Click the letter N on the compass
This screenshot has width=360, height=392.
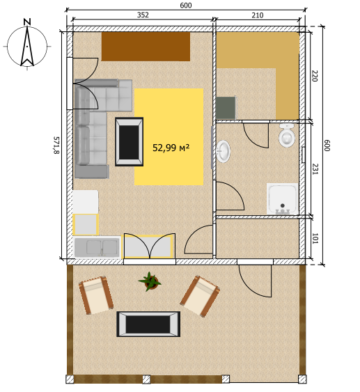[26, 22]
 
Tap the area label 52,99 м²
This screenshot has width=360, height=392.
[171, 148]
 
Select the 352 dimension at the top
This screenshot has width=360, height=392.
[143, 15]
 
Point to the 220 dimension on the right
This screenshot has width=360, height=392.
[314, 76]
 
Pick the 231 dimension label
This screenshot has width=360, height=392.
[314, 169]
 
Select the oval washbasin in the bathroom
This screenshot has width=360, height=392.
[224, 151]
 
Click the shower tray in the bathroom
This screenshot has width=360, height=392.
[283, 199]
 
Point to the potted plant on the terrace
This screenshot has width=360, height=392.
[150, 281]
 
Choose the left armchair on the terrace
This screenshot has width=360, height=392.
[96, 295]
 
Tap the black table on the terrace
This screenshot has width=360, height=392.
[148, 324]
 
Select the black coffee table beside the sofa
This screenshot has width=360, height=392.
[129, 141]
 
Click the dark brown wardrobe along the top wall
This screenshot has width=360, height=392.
[146, 47]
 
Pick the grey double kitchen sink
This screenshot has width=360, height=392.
[95, 247]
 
